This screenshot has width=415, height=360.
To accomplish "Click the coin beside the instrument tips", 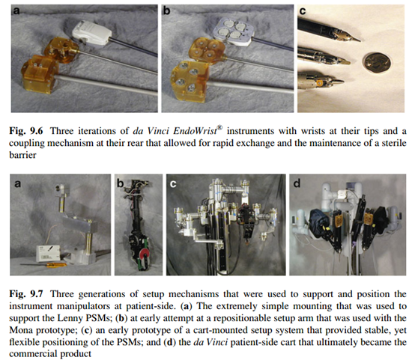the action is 377,63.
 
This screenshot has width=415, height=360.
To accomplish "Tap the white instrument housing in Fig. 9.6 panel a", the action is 91,34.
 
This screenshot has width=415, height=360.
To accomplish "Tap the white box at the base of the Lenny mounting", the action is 48,253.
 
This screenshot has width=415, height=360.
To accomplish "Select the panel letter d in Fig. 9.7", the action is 297,183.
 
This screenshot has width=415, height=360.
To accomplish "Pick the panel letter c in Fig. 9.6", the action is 302,11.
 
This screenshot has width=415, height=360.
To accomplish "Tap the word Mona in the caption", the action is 22,330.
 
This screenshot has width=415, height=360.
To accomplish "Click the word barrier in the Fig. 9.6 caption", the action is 22,155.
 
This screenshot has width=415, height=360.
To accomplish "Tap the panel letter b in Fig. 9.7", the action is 121,183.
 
